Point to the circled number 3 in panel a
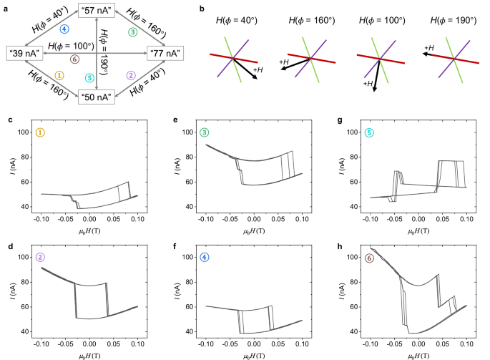(x=132, y=32)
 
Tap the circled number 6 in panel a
(x=65, y=60)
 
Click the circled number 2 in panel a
(x=130, y=75)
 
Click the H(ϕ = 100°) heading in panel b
(x=381, y=21)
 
